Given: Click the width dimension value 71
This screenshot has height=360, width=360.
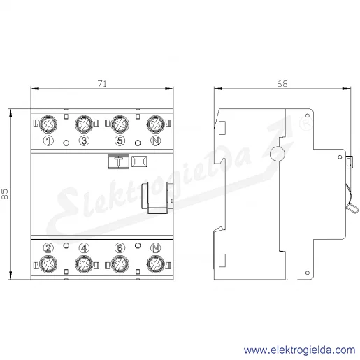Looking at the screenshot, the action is click(x=102, y=84).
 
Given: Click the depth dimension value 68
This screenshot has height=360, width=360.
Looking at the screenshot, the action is click(x=282, y=84).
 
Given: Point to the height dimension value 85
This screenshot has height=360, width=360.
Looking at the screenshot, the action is click(x=5, y=194).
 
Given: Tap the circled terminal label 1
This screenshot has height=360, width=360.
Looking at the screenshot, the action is click(x=48, y=141).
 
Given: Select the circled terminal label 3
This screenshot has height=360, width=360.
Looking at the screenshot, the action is click(x=84, y=141).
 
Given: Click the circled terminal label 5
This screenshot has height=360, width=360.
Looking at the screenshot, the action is click(x=120, y=141).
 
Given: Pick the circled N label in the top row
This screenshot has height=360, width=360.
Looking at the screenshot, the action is click(x=156, y=141).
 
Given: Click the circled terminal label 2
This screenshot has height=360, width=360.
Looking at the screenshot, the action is click(x=48, y=248).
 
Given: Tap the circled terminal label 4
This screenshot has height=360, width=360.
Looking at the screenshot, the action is click(x=84, y=248).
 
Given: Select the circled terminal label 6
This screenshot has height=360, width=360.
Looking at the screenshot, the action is click(x=120, y=248).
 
